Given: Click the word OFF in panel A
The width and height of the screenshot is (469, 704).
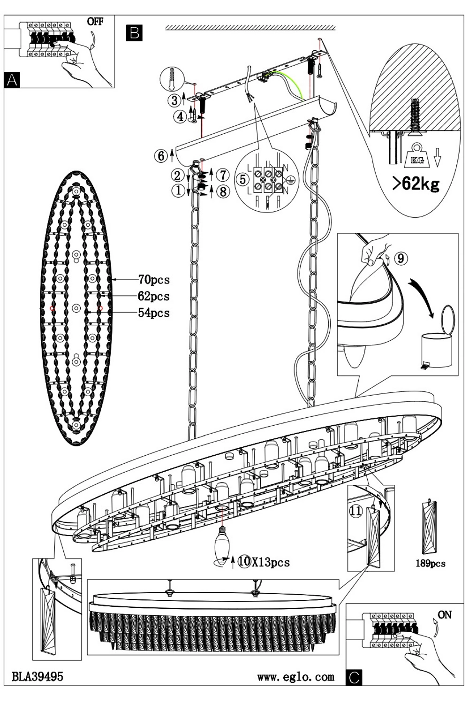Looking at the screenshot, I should [95, 21].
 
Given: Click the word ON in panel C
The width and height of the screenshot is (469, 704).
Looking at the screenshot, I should [444, 614].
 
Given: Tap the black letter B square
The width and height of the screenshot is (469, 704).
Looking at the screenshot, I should [134, 33].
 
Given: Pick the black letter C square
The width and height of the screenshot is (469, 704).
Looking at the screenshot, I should [354, 677].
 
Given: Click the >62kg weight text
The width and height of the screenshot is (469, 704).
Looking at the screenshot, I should [416, 183].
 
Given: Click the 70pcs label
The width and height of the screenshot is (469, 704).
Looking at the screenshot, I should [154, 280].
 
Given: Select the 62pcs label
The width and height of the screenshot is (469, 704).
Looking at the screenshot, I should [154, 296].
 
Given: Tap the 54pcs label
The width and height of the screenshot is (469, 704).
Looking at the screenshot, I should [154, 313].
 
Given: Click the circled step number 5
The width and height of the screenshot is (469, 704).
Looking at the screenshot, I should [242, 179].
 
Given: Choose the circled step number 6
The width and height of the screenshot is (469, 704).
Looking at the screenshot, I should [161, 155].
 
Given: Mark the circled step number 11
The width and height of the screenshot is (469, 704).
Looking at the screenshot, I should [356, 511].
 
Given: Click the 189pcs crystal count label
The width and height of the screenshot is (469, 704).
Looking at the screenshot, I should [431, 564].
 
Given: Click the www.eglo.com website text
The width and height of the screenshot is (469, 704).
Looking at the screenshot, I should [296, 677].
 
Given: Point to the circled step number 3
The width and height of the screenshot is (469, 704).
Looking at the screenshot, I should [174, 100].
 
